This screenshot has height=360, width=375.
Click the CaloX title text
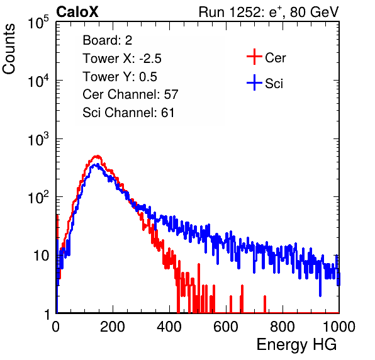(x=77, y=12)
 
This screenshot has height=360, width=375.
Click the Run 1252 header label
(x=269, y=12)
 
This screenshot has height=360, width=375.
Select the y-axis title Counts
(x=9, y=49)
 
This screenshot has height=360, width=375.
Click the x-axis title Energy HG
(x=296, y=344)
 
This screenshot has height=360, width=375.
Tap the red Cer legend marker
(x=254, y=57)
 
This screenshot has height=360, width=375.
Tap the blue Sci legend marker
(x=254, y=82)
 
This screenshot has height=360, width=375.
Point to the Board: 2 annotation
(x=107, y=40)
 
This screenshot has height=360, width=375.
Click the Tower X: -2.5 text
(x=122, y=59)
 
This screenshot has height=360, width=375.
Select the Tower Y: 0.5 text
(x=120, y=77)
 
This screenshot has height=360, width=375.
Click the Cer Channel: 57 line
(x=130, y=94)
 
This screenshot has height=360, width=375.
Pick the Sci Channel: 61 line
(x=128, y=113)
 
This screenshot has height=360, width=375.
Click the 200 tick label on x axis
(x=113, y=327)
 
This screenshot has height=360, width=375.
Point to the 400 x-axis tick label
(x=169, y=327)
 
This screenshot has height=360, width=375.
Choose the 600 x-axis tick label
(x=226, y=327)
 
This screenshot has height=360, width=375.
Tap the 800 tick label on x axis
(x=283, y=327)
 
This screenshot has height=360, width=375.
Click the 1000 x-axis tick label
(x=339, y=327)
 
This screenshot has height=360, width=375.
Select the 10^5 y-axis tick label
(x=38, y=23)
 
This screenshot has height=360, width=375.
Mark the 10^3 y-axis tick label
(x=38, y=140)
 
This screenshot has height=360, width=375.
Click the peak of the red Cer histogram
(x=97, y=156)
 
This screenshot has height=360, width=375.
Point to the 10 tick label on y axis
(x=42, y=256)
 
